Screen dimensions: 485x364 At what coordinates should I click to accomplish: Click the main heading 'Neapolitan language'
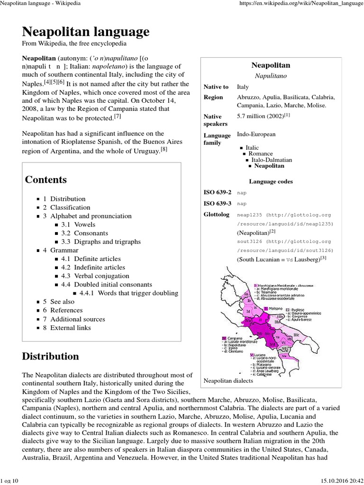pos(86,32)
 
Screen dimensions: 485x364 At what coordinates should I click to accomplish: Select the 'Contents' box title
pos(46,180)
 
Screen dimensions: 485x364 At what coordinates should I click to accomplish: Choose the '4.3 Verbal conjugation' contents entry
pos(95,276)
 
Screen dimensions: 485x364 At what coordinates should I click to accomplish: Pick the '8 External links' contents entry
pos(67,328)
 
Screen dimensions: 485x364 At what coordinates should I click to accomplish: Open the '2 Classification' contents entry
pos(66,207)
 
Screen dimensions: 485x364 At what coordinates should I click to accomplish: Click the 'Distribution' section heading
pos(51,356)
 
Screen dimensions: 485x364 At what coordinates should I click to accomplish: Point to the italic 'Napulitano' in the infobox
pos(271,76)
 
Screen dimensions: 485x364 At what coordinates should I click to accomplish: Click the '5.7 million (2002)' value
pos(261,116)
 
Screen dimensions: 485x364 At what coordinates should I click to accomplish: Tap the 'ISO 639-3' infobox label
pos(217,203)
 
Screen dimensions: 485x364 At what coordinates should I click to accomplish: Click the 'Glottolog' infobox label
pos(216,215)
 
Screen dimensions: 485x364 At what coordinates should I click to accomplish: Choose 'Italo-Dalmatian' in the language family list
pos(272,160)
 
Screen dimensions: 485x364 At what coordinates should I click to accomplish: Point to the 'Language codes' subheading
pos(271,181)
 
